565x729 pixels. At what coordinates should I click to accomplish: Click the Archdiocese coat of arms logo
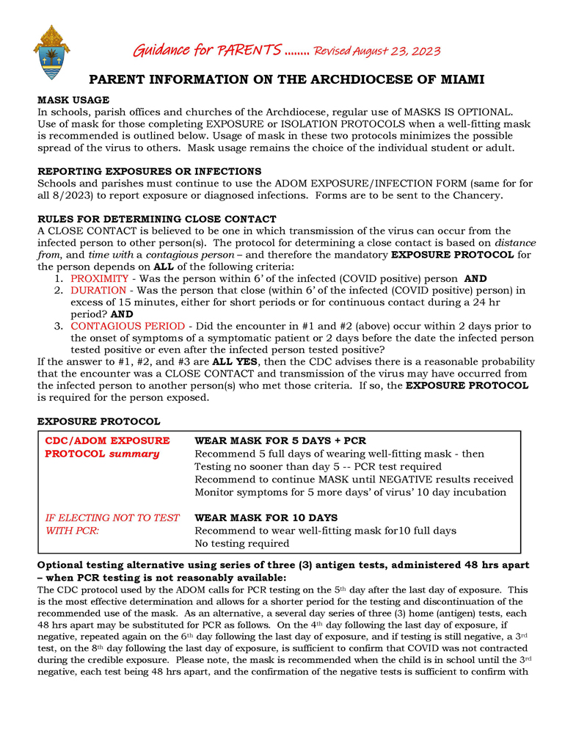pos(51,52)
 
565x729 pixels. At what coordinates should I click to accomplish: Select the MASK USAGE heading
pos(73,100)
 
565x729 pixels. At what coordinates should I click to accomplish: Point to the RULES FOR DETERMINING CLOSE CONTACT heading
pos(156,219)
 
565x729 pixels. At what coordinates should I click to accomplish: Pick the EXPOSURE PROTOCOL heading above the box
pos(98,421)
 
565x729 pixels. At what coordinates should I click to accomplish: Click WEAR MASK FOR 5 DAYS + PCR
pos(280,440)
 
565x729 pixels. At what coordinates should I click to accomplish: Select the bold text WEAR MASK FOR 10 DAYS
pos(266,518)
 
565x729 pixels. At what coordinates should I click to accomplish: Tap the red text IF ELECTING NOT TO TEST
pos(112,518)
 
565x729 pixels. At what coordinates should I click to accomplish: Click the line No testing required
pos(241,543)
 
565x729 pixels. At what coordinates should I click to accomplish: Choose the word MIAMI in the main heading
pos(453,79)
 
